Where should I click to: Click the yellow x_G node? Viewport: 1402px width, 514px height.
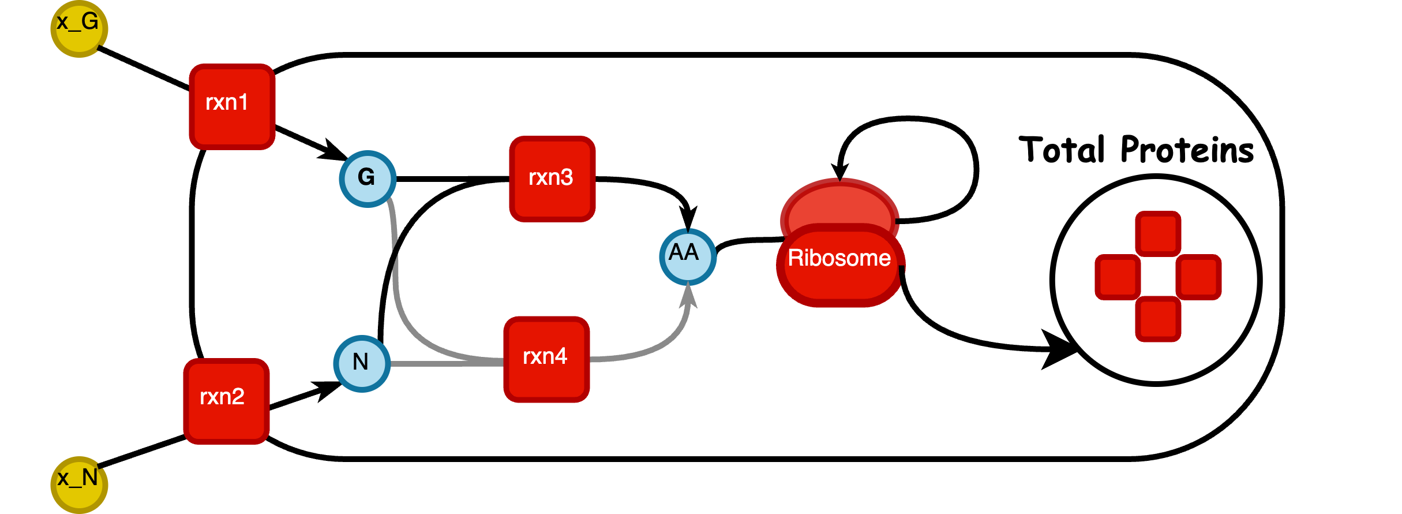tap(79, 28)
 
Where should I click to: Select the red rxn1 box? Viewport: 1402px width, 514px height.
tap(232, 106)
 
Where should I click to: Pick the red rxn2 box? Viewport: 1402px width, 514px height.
tap(226, 401)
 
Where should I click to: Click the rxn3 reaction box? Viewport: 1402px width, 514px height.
tap(552, 178)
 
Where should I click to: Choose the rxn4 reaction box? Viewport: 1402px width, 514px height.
tap(546, 359)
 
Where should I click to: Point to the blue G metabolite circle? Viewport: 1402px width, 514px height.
tap(368, 178)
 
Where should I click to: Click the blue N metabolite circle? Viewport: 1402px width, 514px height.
tap(362, 363)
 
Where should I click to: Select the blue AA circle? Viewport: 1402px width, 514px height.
tap(688, 256)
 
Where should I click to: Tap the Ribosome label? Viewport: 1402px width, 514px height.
tap(839, 258)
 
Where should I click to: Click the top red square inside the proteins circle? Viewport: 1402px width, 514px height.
tap(1158, 233)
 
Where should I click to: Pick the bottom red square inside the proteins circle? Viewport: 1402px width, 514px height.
tap(1158, 319)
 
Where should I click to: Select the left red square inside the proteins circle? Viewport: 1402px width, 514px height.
tap(1118, 277)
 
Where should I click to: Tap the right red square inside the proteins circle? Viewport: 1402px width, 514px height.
tap(1198, 277)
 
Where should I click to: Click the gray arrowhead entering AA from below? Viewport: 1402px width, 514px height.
tap(688, 295)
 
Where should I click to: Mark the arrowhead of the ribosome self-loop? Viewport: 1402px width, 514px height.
tap(840, 171)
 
